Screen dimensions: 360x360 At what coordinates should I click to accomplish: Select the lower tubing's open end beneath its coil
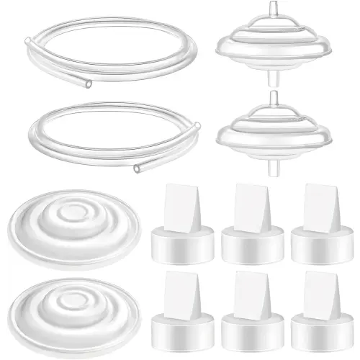(138, 170)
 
